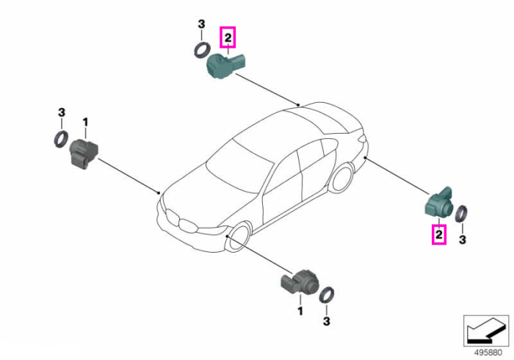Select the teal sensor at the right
439,203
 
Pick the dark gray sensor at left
84,154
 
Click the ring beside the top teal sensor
201,50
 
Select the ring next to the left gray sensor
61,139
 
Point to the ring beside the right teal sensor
462,213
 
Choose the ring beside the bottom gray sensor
327,295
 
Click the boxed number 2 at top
228,37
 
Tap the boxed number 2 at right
439,234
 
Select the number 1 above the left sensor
85,123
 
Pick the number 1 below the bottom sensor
300,312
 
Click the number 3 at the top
201,24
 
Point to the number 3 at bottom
327,321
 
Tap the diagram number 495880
488,353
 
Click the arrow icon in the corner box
486,330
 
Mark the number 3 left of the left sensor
61,113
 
